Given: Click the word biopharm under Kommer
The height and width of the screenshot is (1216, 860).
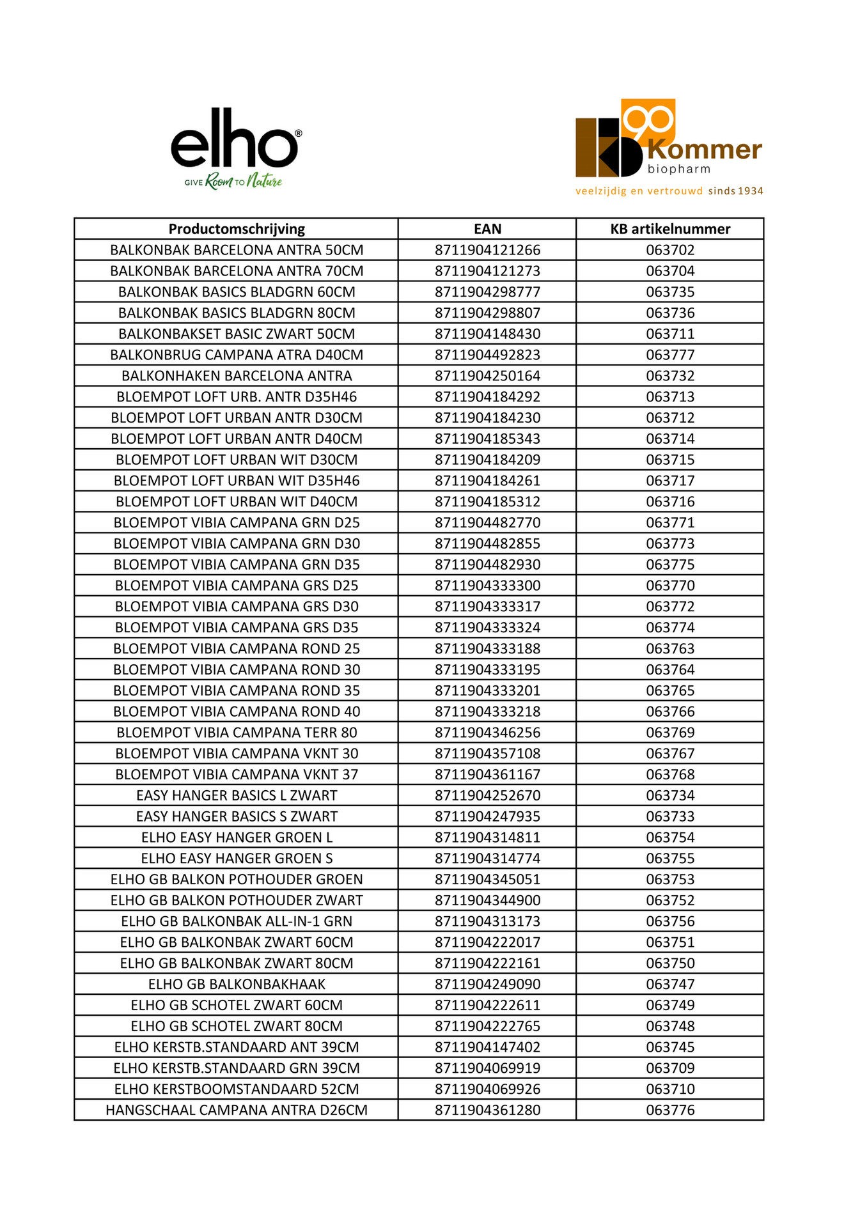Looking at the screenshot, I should click(x=678, y=169).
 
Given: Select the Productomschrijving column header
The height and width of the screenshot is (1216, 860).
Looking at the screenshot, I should click(x=237, y=229).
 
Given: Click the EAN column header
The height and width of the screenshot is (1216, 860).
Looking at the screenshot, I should click(x=487, y=229).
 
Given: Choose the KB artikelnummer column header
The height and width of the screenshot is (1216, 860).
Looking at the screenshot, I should click(x=669, y=229).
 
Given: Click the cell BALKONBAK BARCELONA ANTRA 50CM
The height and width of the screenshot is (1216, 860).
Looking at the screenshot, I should click(x=237, y=250).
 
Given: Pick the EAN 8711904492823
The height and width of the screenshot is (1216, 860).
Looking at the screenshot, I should click(x=487, y=355).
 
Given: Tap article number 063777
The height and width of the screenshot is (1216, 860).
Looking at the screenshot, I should click(x=669, y=355).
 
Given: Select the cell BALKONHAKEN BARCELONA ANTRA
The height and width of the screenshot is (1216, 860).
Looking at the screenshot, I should click(x=237, y=376).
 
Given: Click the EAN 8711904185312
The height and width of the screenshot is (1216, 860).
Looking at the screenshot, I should click(x=487, y=502).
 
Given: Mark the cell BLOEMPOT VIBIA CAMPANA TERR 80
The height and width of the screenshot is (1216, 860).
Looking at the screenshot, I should click(x=237, y=733).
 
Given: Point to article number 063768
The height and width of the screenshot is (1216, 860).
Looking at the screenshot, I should click(x=669, y=775).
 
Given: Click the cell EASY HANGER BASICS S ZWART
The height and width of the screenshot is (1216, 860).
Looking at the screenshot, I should click(x=237, y=816).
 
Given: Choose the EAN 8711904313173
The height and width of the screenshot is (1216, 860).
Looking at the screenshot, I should click(x=487, y=921).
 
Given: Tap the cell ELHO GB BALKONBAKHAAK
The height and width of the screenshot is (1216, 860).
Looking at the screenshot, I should click(x=237, y=985).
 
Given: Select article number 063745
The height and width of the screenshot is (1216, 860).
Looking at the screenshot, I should click(x=669, y=1047).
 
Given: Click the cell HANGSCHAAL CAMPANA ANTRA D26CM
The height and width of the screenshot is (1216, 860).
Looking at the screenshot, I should click(x=237, y=1111).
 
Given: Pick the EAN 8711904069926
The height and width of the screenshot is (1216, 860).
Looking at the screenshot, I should click(x=487, y=1089).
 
